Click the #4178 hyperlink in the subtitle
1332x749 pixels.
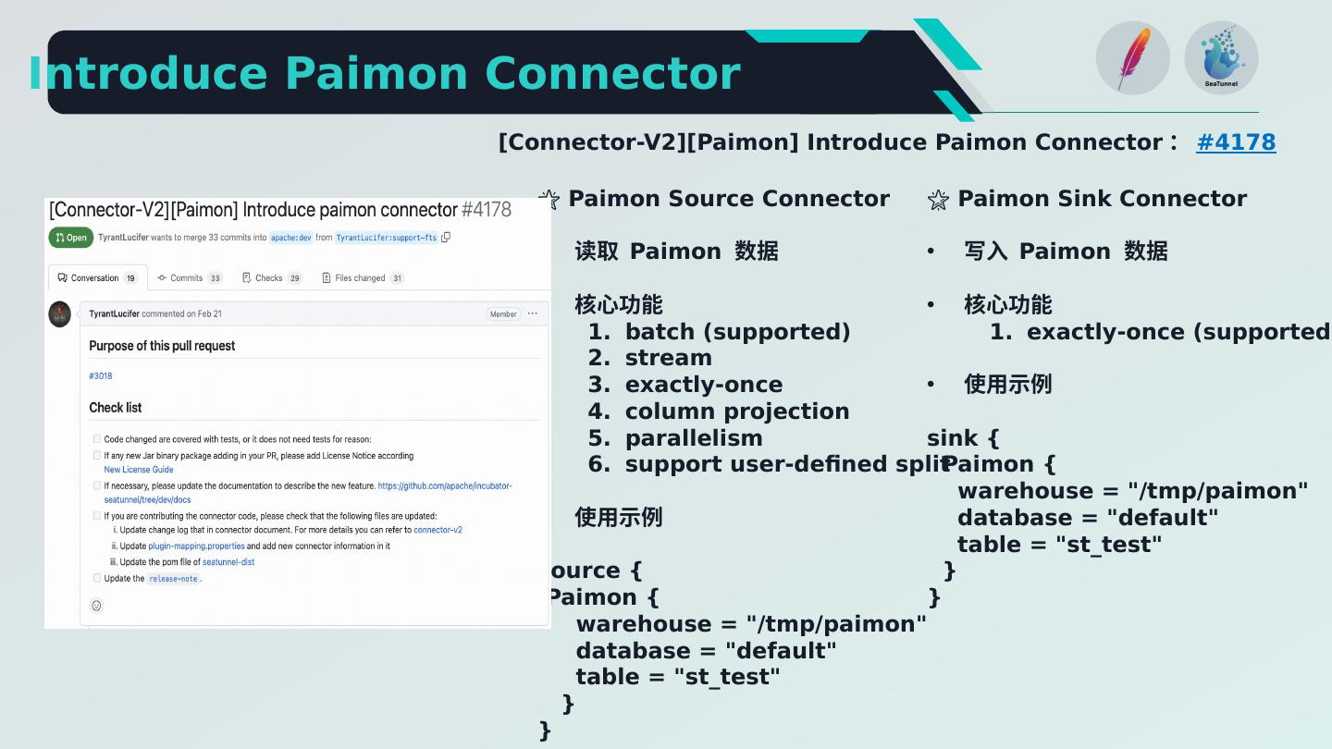[x=1235, y=142]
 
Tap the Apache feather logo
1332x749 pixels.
[x=1132, y=58]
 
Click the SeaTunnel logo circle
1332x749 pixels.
[x=1221, y=58]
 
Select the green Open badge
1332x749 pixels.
[x=71, y=238]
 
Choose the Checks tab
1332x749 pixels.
[x=272, y=277]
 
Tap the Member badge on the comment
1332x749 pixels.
[x=503, y=314]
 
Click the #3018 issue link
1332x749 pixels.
[x=100, y=376]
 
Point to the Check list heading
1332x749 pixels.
[x=115, y=408]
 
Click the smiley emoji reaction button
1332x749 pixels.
[x=96, y=606]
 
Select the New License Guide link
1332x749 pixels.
[x=139, y=470]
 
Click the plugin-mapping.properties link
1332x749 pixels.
[x=196, y=546]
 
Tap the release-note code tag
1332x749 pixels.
[x=174, y=579]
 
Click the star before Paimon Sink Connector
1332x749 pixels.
[x=938, y=200]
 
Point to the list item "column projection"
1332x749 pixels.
[x=736, y=411]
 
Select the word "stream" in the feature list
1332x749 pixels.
[x=668, y=358]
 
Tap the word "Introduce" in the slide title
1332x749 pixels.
[x=148, y=74]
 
